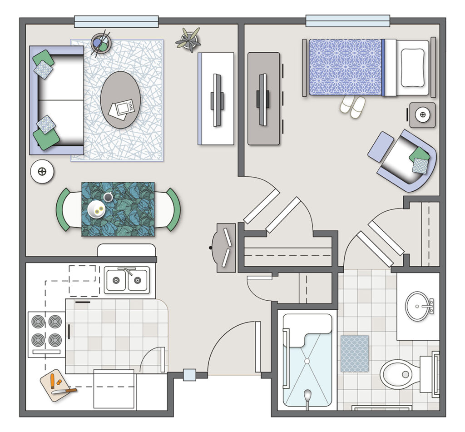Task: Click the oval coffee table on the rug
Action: [120, 99]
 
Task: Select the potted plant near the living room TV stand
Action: [188, 40]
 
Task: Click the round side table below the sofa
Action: [42, 172]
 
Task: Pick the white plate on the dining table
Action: [97, 209]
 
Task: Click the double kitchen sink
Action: [127, 280]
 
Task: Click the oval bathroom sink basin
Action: [417, 306]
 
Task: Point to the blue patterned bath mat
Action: [354, 354]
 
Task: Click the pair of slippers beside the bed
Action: [353, 106]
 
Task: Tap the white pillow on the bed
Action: [412, 68]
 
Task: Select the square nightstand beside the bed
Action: [422, 115]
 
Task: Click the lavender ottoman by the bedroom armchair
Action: [381, 147]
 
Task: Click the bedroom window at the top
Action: [347, 21]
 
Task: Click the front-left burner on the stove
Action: [38, 340]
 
